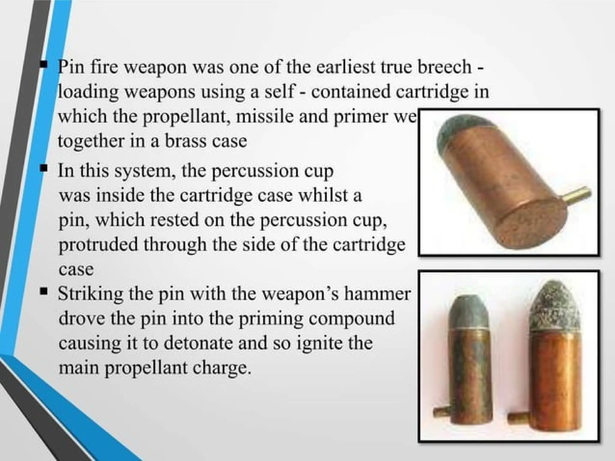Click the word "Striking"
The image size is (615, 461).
pos(90,294)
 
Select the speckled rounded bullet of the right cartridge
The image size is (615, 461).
pos(554,306)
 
